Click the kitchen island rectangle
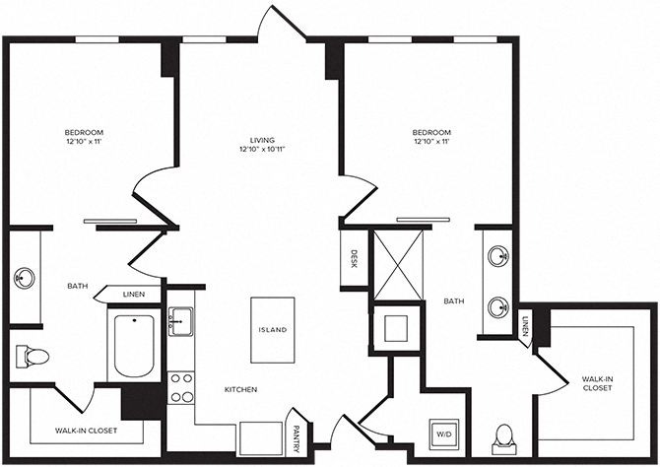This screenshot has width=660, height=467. [x=273, y=329]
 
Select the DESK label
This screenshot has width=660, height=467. [x=354, y=259]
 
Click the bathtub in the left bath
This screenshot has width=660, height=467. [x=134, y=346]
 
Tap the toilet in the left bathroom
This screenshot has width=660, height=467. [x=30, y=356]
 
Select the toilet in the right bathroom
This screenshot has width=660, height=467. [x=503, y=436]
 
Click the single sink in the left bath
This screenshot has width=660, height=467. [x=25, y=279]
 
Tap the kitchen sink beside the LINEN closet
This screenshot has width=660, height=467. [x=179, y=321]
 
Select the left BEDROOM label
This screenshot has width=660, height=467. [x=84, y=132]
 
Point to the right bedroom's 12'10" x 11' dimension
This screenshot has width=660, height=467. [x=430, y=143]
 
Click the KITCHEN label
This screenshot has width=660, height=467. [x=240, y=390]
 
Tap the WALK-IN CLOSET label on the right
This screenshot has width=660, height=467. [x=597, y=382]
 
